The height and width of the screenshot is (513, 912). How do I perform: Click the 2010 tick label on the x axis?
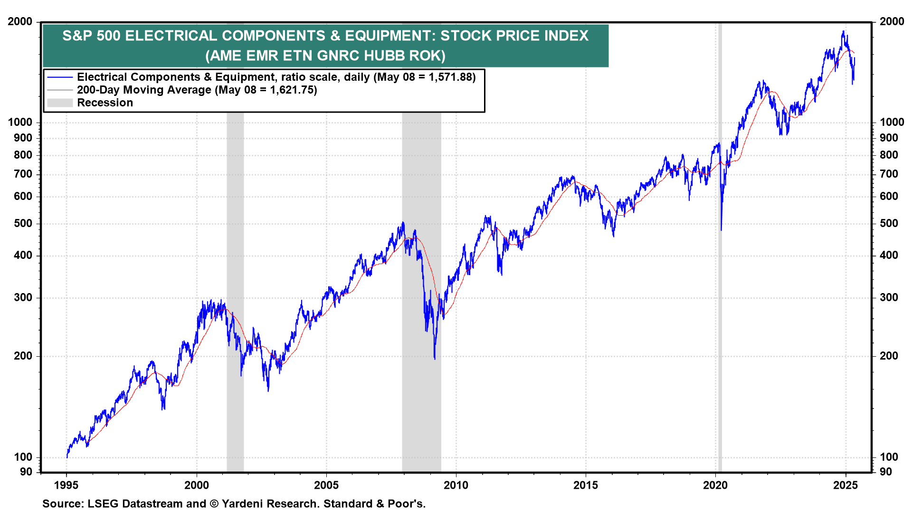(456, 485)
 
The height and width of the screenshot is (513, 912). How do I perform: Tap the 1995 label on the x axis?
(66, 485)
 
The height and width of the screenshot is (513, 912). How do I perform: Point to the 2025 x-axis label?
(845, 485)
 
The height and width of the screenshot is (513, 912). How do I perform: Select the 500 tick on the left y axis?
(23, 223)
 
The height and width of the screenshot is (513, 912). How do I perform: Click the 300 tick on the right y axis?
(889, 297)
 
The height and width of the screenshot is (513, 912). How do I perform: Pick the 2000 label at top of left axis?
(20, 21)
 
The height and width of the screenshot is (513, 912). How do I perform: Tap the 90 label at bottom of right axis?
(886, 472)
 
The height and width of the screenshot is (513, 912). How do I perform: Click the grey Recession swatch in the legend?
(60, 103)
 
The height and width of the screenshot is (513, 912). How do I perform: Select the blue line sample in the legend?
(60, 77)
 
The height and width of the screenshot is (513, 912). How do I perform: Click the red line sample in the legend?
(60, 90)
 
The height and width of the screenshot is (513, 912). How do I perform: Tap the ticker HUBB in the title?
(384, 56)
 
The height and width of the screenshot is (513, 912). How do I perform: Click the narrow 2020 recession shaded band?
(720, 285)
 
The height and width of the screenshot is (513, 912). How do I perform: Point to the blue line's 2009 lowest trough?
(435, 358)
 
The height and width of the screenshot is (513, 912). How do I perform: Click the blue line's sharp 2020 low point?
(721, 230)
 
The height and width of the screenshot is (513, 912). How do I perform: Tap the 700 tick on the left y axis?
(23, 174)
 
